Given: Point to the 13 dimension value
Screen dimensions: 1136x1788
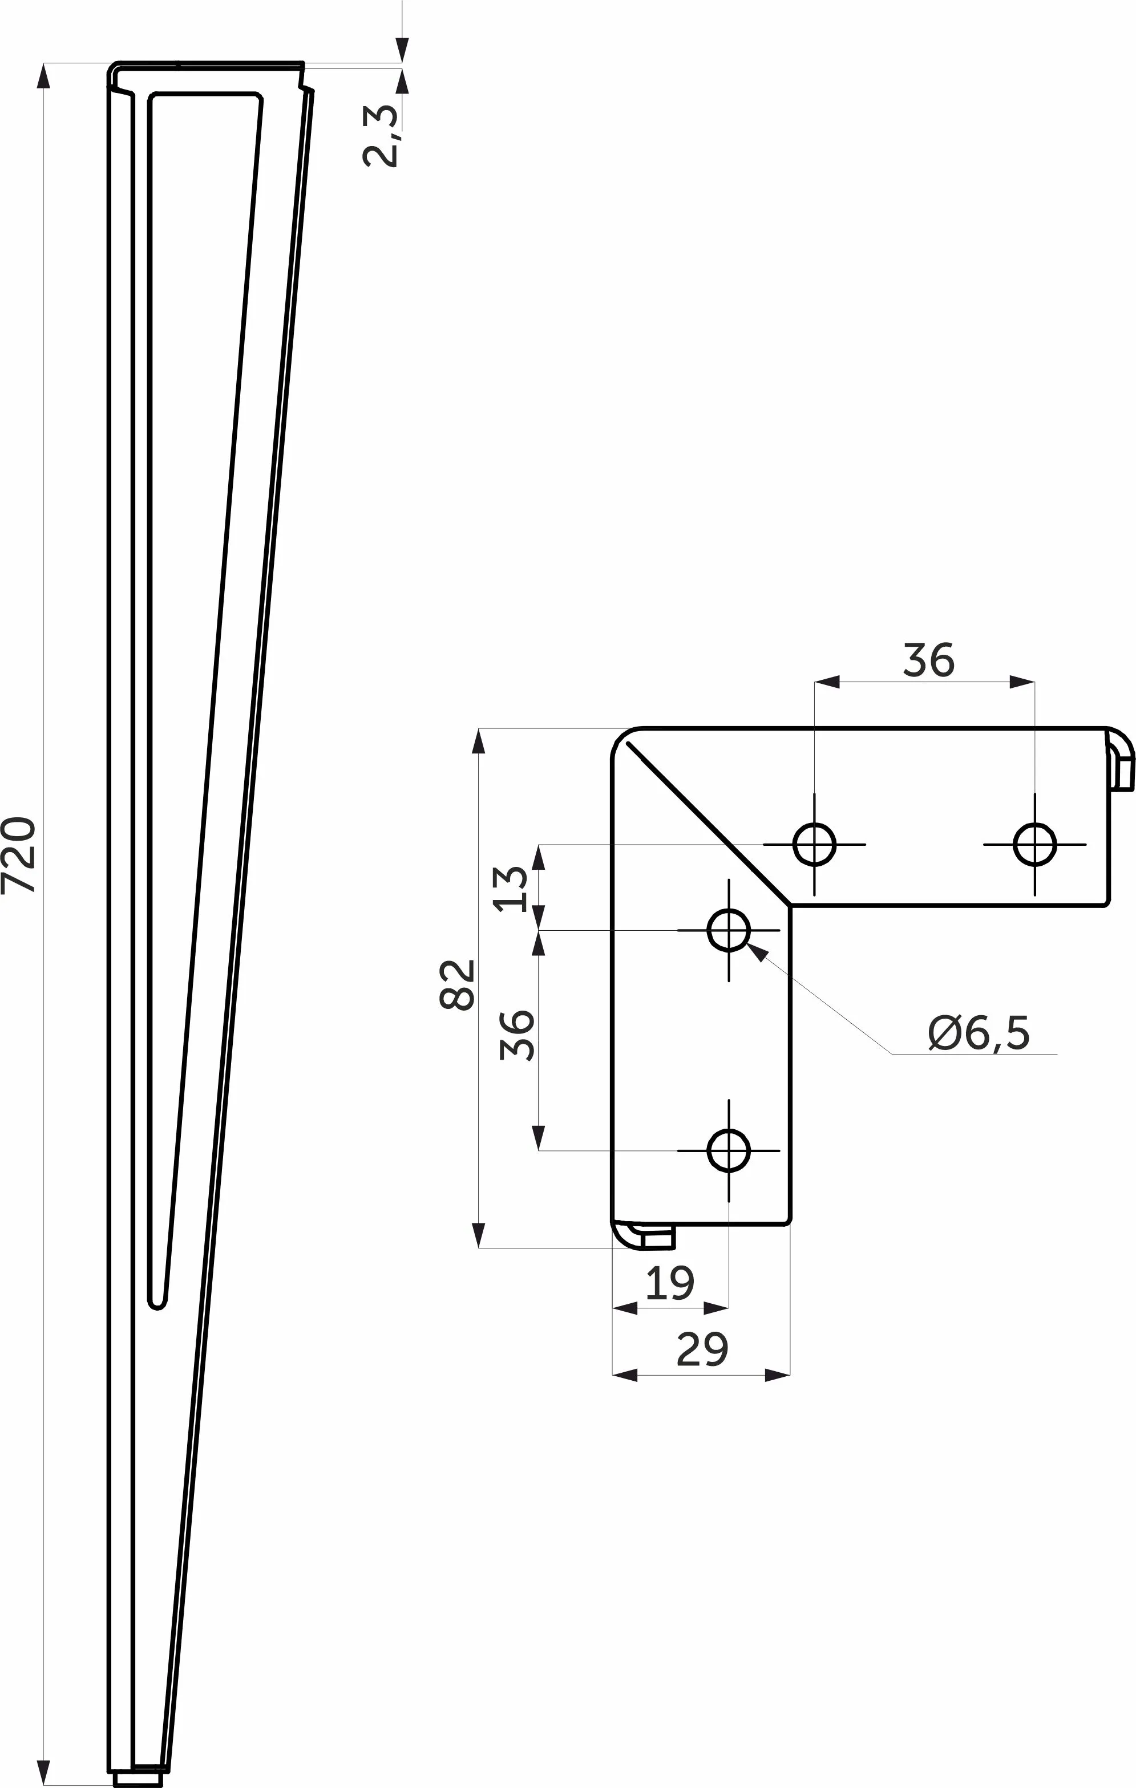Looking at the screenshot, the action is pyautogui.click(x=511, y=889).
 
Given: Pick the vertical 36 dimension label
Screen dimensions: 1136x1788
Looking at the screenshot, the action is pyautogui.click(x=517, y=1035).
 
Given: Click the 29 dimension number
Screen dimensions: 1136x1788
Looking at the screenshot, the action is pyautogui.click(x=702, y=1349).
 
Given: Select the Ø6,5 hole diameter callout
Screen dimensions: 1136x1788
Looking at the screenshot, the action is pyautogui.click(x=979, y=1033).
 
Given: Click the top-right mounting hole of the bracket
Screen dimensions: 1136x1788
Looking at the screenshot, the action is pyautogui.click(x=1034, y=844).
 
